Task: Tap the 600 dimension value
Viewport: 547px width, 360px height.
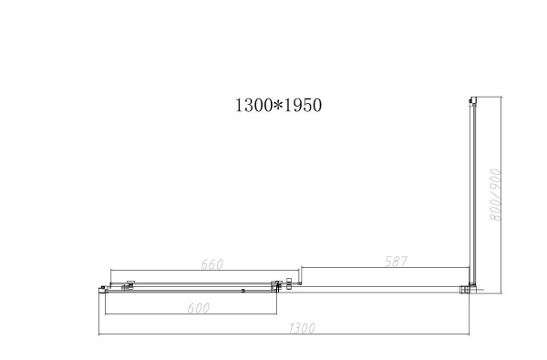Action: tap(198, 308)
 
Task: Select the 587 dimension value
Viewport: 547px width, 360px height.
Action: tap(394, 262)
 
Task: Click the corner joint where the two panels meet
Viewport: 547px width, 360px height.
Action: tap(470, 289)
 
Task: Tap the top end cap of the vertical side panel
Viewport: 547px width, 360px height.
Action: tap(470, 99)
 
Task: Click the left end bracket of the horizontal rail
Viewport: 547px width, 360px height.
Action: tap(101, 290)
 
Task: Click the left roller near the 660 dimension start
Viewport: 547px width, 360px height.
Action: tap(129, 284)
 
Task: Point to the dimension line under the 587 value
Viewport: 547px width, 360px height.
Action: tap(383, 270)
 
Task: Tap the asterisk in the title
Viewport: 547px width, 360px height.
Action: tap(277, 105)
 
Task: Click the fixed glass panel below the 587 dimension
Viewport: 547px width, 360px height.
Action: tap(383, 290)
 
